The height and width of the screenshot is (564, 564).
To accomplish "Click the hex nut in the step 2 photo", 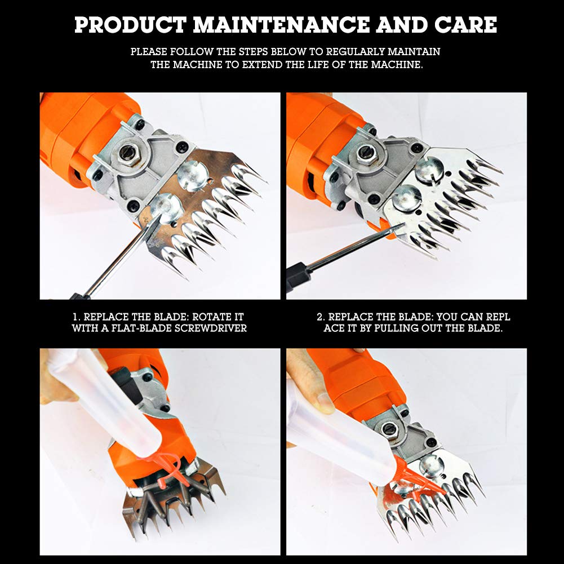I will [367, 152].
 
